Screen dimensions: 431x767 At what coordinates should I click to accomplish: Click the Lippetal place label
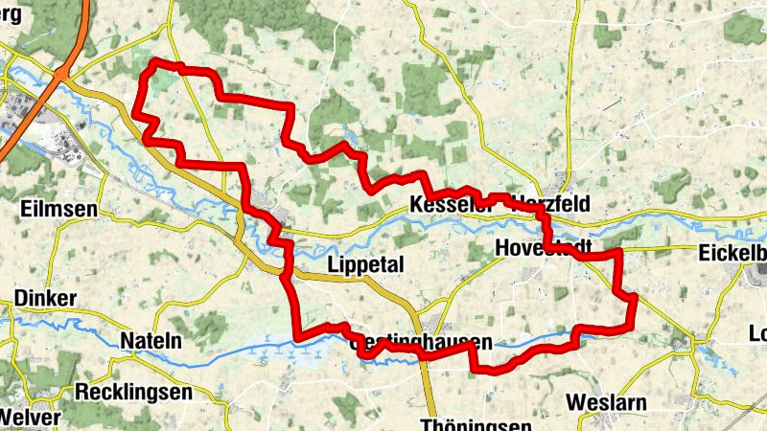[x=366, y=265]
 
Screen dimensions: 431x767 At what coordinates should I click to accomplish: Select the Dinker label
[x=45, y=299]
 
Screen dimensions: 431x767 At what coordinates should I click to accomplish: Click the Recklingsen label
[x=133, y=393]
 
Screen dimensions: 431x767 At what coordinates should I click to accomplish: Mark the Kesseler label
[x=443, y=205]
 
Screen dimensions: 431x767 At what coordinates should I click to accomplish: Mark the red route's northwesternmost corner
[x=153, y=63]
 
